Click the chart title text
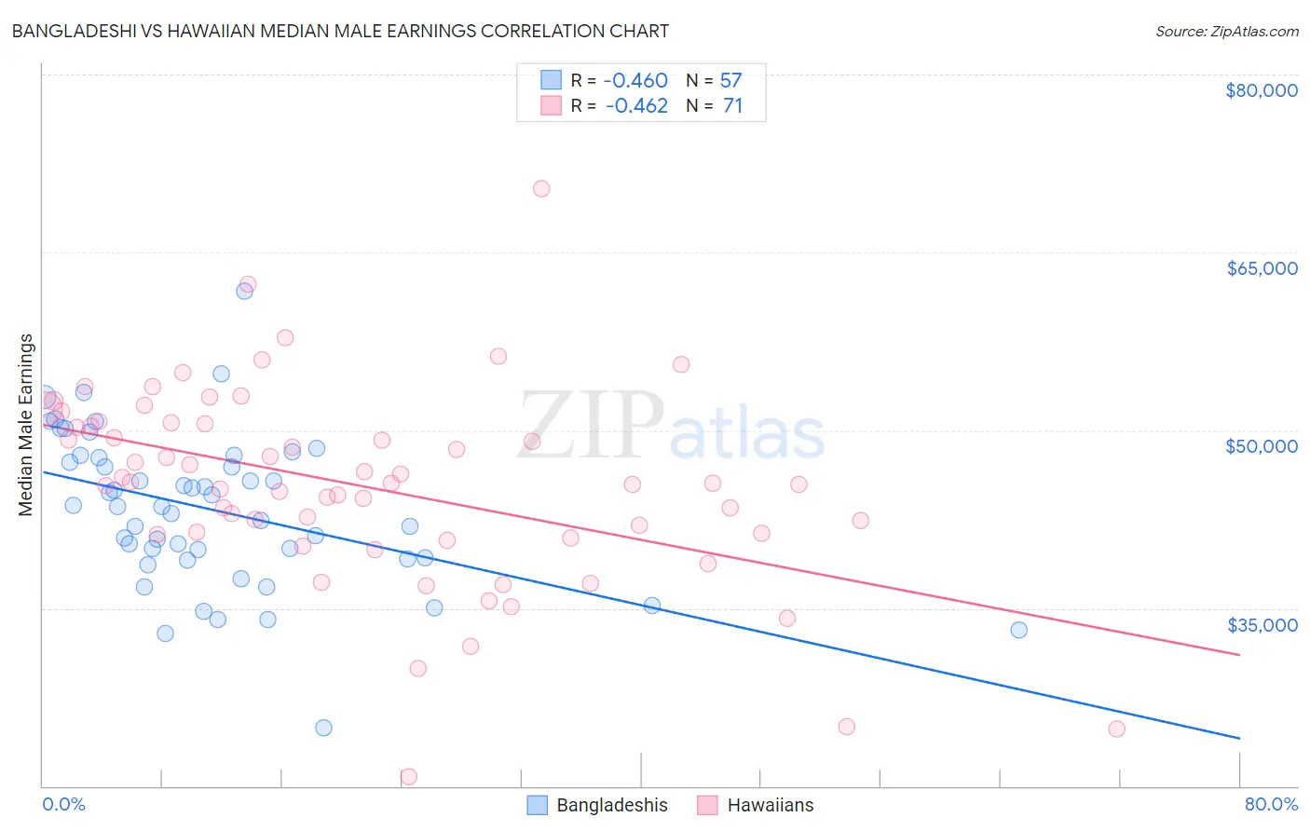[340, 31]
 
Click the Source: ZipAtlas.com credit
[1226, 31]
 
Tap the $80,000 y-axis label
[1261, 90]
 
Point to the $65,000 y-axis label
[1261, 268]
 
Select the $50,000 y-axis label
[1261, 446]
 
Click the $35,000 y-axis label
[1261, 625]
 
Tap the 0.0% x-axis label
[63, 804]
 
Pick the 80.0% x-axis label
[1270, 804]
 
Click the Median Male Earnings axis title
[26, 424]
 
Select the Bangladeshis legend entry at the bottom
[598, 805]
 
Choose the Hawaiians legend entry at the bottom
[757, 805]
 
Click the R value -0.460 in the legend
[636, 81]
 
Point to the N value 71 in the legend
[732, 106]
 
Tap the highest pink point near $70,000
[541, 189]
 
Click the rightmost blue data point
[1018, 630]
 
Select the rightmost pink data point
[1116, 729]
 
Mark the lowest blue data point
[323, 728]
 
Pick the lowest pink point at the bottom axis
[408, 776]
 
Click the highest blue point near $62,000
[244, 291]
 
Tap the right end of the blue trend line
[1239, 739]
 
